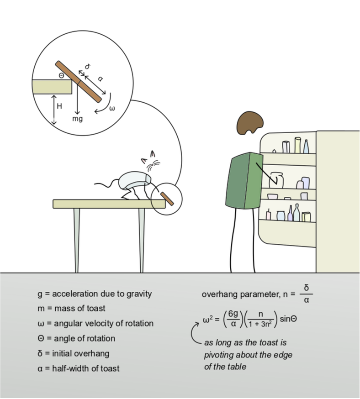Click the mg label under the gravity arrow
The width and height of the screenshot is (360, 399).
point(77,119)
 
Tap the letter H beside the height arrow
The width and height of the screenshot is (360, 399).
point(59,106)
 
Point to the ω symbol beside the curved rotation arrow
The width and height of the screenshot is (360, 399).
point(112,108)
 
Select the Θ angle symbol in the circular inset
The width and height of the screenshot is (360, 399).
point(62,76)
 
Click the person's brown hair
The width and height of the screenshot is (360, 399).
point(250,123)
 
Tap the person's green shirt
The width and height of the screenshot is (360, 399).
point(243,181)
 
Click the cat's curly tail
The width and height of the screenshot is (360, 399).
point(106,183)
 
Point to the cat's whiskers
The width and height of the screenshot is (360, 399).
point(153,165)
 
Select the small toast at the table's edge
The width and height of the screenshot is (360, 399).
point(167,199)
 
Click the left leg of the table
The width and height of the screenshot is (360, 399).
point(77,240)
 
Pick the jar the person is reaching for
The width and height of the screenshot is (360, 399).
point(276,180)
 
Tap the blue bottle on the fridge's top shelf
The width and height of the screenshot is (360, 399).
point(306,147)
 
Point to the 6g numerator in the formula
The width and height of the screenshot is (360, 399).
point(233,314)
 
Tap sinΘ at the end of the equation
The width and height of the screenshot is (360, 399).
point(288,319)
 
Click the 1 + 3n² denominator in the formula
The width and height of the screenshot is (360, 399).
point(260,324)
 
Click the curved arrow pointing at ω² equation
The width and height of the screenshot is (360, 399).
point(192,333)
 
